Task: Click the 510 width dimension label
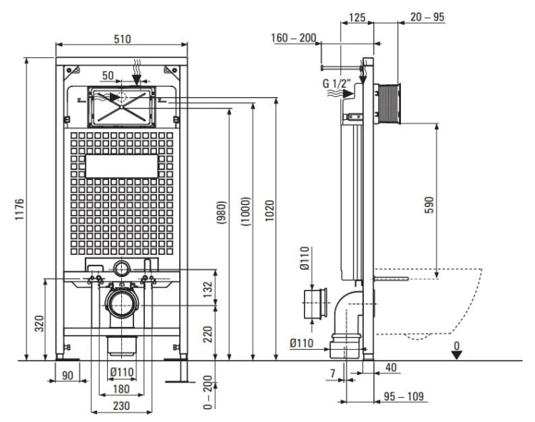(x=122, y=39)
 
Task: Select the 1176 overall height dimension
(x=20, y=209)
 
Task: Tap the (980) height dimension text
(x=221, y=212)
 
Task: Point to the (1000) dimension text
(x=245, y=211)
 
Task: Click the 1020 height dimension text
(x=270, y=211)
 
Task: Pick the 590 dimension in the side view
(x=429, y=205)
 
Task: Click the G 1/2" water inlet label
(x=337, y=84)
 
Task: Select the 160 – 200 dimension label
(x=293, y=38)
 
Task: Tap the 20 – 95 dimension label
(x=427, y=16)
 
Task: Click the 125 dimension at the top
(x=357, y=17)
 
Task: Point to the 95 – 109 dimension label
(x=404, y=396)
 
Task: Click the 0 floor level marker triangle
(x=457, y=355)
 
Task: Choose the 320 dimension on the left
(x=39, y=323)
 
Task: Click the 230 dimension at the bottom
(x=121, y=406)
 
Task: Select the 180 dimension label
(x=121, y=389)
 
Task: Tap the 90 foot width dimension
(x=68, y=375)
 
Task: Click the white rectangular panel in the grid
(x=122, y=166)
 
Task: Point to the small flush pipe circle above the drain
(x=122, y=268)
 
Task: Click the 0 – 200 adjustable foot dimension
(x=208, y=392)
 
